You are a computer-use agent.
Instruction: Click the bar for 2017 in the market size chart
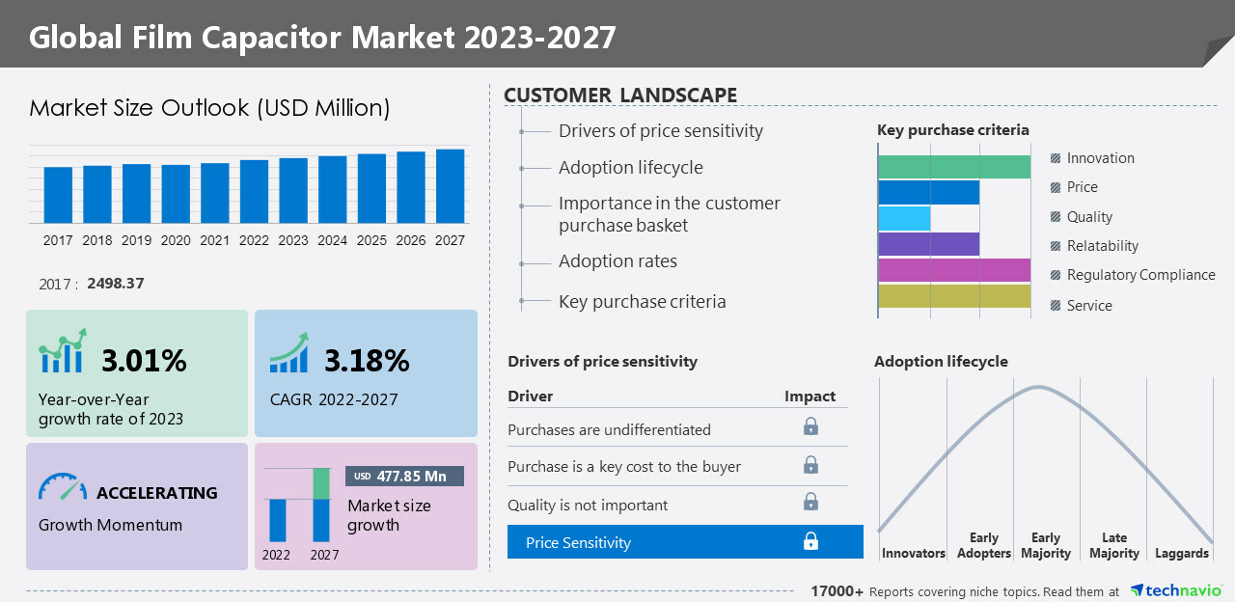tap(58, 195)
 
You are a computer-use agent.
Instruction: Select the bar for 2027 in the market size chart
tap(450, 186)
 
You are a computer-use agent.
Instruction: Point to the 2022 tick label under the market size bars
tap(254, 240)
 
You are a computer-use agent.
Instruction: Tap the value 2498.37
tap(115, 284)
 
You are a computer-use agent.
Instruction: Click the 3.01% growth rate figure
tap(144, 361)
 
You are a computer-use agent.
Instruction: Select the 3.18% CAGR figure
tap(367, 361)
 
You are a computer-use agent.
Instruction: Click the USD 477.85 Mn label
tap(405, 476)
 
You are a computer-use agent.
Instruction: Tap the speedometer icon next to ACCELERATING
tap(63, 487)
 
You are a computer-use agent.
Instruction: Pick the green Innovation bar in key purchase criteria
tap(954, 166)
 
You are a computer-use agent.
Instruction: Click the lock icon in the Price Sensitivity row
tap(810, 542)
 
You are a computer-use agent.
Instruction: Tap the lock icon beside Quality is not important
tap(810, 502)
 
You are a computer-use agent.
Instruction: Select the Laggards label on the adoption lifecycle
tap(1182, 553)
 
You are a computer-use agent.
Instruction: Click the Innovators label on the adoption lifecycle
tap(913, 553)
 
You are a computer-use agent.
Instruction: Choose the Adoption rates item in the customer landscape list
tap(617, 261)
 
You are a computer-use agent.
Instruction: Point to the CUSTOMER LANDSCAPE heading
tap(620, 96)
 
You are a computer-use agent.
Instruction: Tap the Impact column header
tap(810, 397)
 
